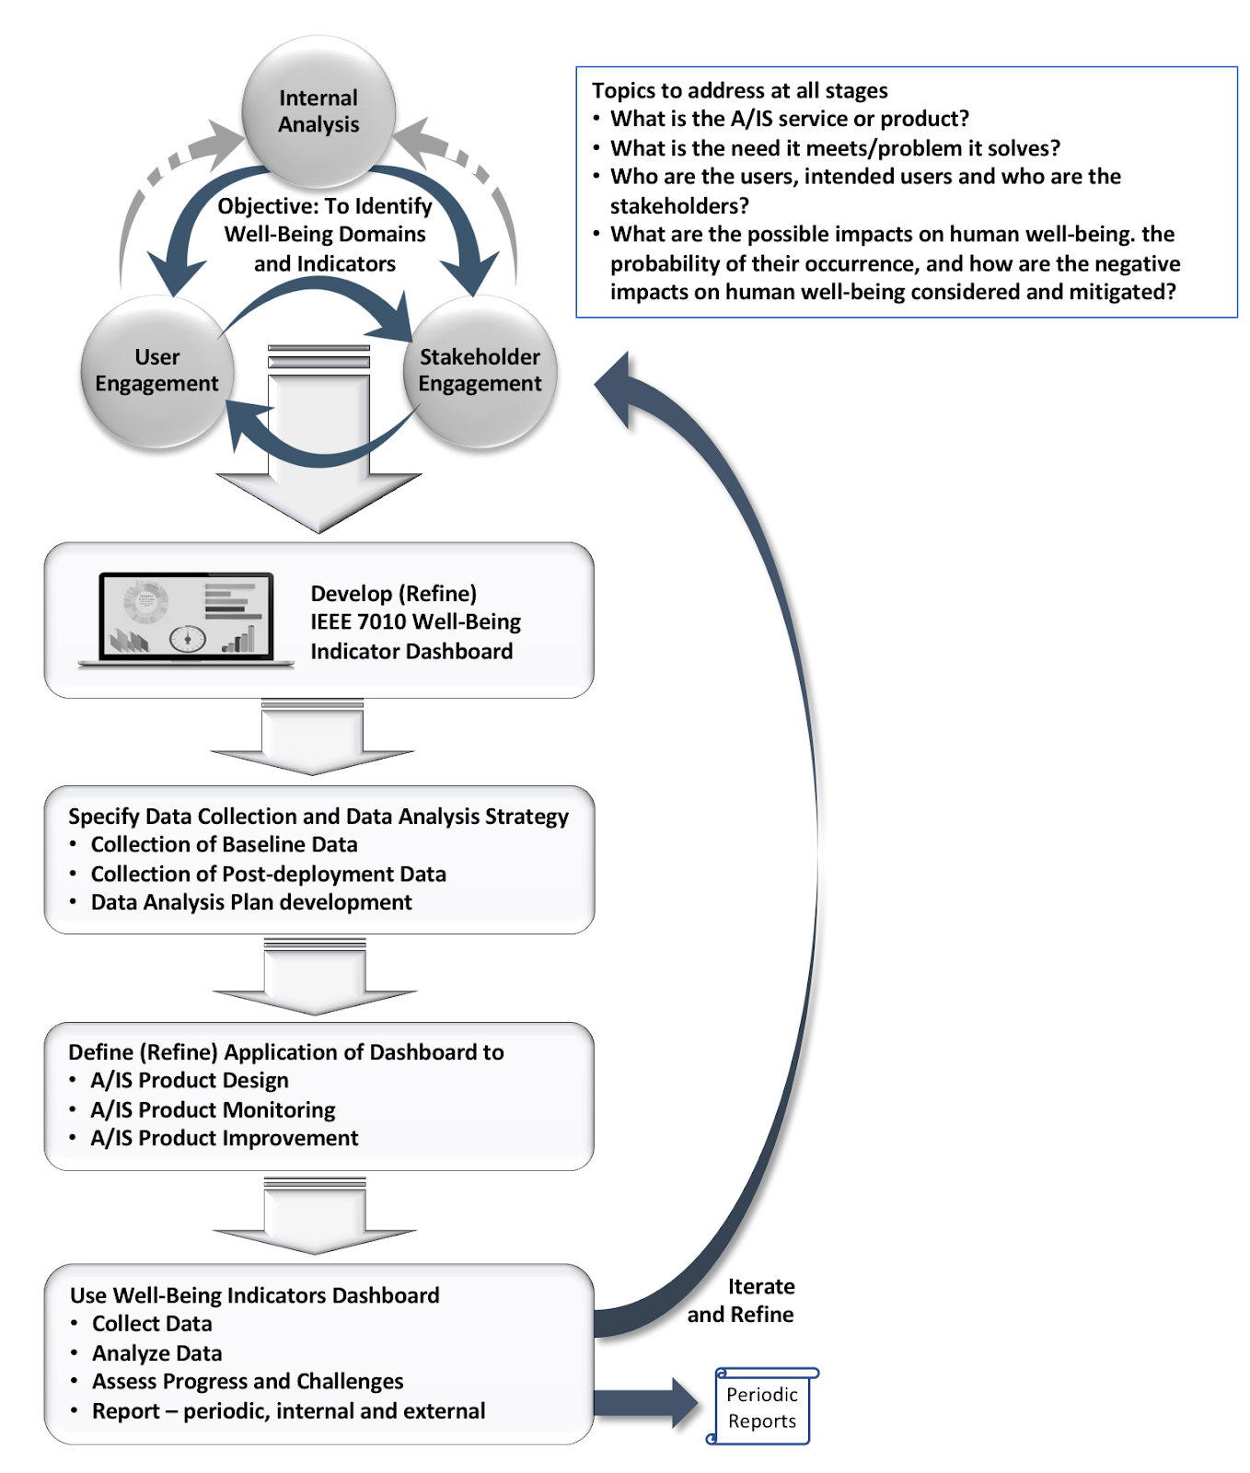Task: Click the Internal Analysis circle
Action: (318, 111)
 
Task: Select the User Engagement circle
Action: (156, 371)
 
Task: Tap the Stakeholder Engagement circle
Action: (480, 371)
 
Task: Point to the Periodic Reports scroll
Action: (762, 1407)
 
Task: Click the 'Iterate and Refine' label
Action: (742, 1300)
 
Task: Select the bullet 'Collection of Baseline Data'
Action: (224, 844)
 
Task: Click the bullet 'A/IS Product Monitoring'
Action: (213, 1109)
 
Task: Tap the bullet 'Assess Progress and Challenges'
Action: (248, 1381)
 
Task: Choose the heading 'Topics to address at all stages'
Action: (739, 90)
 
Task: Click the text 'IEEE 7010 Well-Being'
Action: (415, 622)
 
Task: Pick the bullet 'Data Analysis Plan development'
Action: (251, 902)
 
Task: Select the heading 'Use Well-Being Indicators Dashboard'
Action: (255, 1295)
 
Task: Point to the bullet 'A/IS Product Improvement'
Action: (225, 1138)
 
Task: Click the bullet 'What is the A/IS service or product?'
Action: (790, 119)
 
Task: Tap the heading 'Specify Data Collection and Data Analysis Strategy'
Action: (318, 817)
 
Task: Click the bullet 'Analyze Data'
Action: (157, 1352)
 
